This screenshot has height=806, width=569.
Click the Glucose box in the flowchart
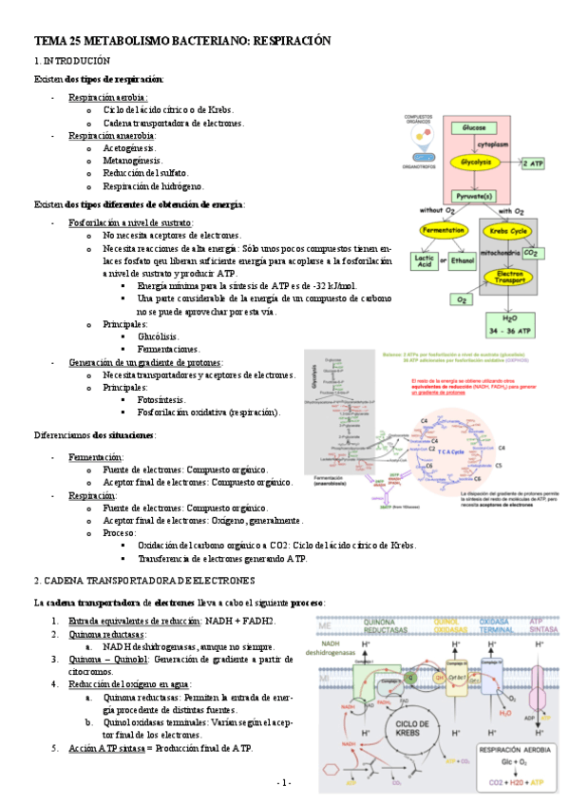[x=474, y=127]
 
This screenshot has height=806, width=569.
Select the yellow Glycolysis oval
[x=474, y=163]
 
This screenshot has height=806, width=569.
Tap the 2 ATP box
[x=534, y=163]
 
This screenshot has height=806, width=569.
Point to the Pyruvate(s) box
[x=474, y=196]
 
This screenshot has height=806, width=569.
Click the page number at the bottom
[x=284, y=782]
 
